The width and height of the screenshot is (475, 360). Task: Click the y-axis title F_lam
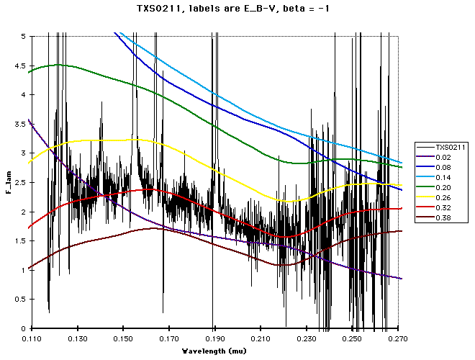click(10, 181)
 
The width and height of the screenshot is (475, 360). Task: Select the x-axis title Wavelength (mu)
click(214, 351)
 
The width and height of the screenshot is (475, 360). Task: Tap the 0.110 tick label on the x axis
click(31, 338)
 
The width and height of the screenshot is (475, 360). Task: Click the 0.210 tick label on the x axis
click(261, 338)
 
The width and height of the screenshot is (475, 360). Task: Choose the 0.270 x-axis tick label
click(399, 338)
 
